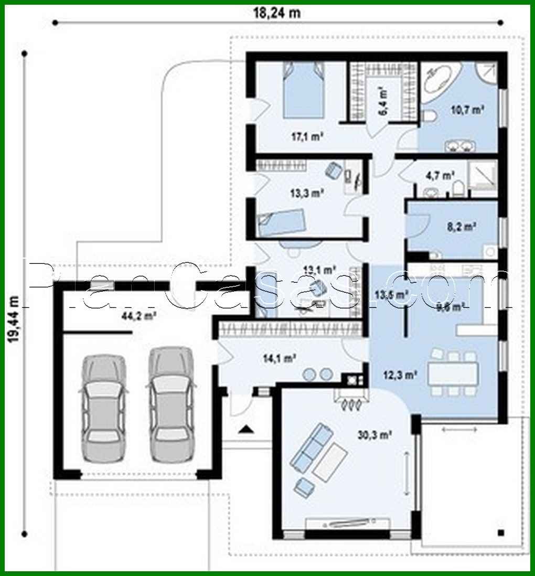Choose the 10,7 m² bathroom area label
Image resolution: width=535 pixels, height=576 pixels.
467,110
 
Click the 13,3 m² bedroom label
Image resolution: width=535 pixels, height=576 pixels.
307,193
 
